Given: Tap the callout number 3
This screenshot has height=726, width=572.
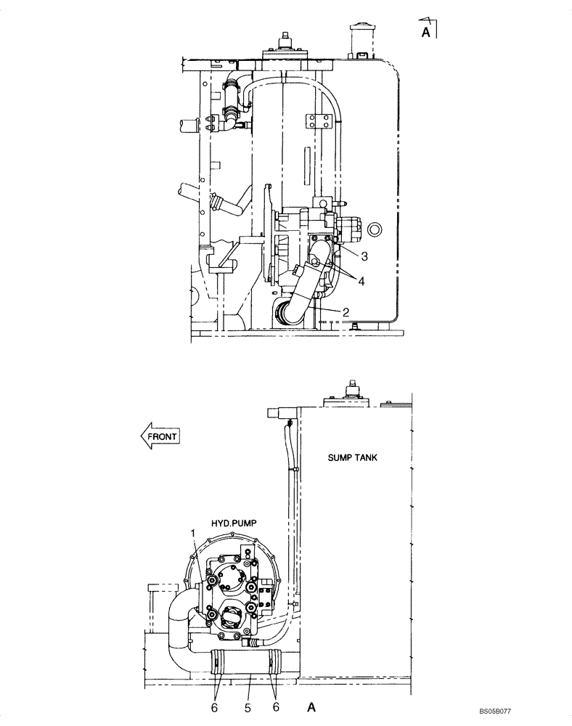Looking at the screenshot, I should click(x=365, y=256).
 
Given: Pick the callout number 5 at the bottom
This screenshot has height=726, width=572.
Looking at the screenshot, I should click(x=247, y=704).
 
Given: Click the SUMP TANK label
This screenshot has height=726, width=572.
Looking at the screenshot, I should click(x=352, y=457).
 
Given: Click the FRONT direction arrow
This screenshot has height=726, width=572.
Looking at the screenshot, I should click(x=159, y=436).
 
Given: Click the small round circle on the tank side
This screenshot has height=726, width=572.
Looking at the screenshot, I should click(x=375, y=230).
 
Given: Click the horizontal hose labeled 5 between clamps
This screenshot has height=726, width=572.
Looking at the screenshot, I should click(x=247, y=663).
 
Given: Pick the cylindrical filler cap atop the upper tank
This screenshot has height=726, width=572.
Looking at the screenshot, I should click(x=360, y=36).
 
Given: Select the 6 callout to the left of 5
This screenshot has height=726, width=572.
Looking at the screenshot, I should click(x=214, y=704).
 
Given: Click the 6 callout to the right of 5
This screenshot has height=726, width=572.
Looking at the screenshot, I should click(x=276, y=704).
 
